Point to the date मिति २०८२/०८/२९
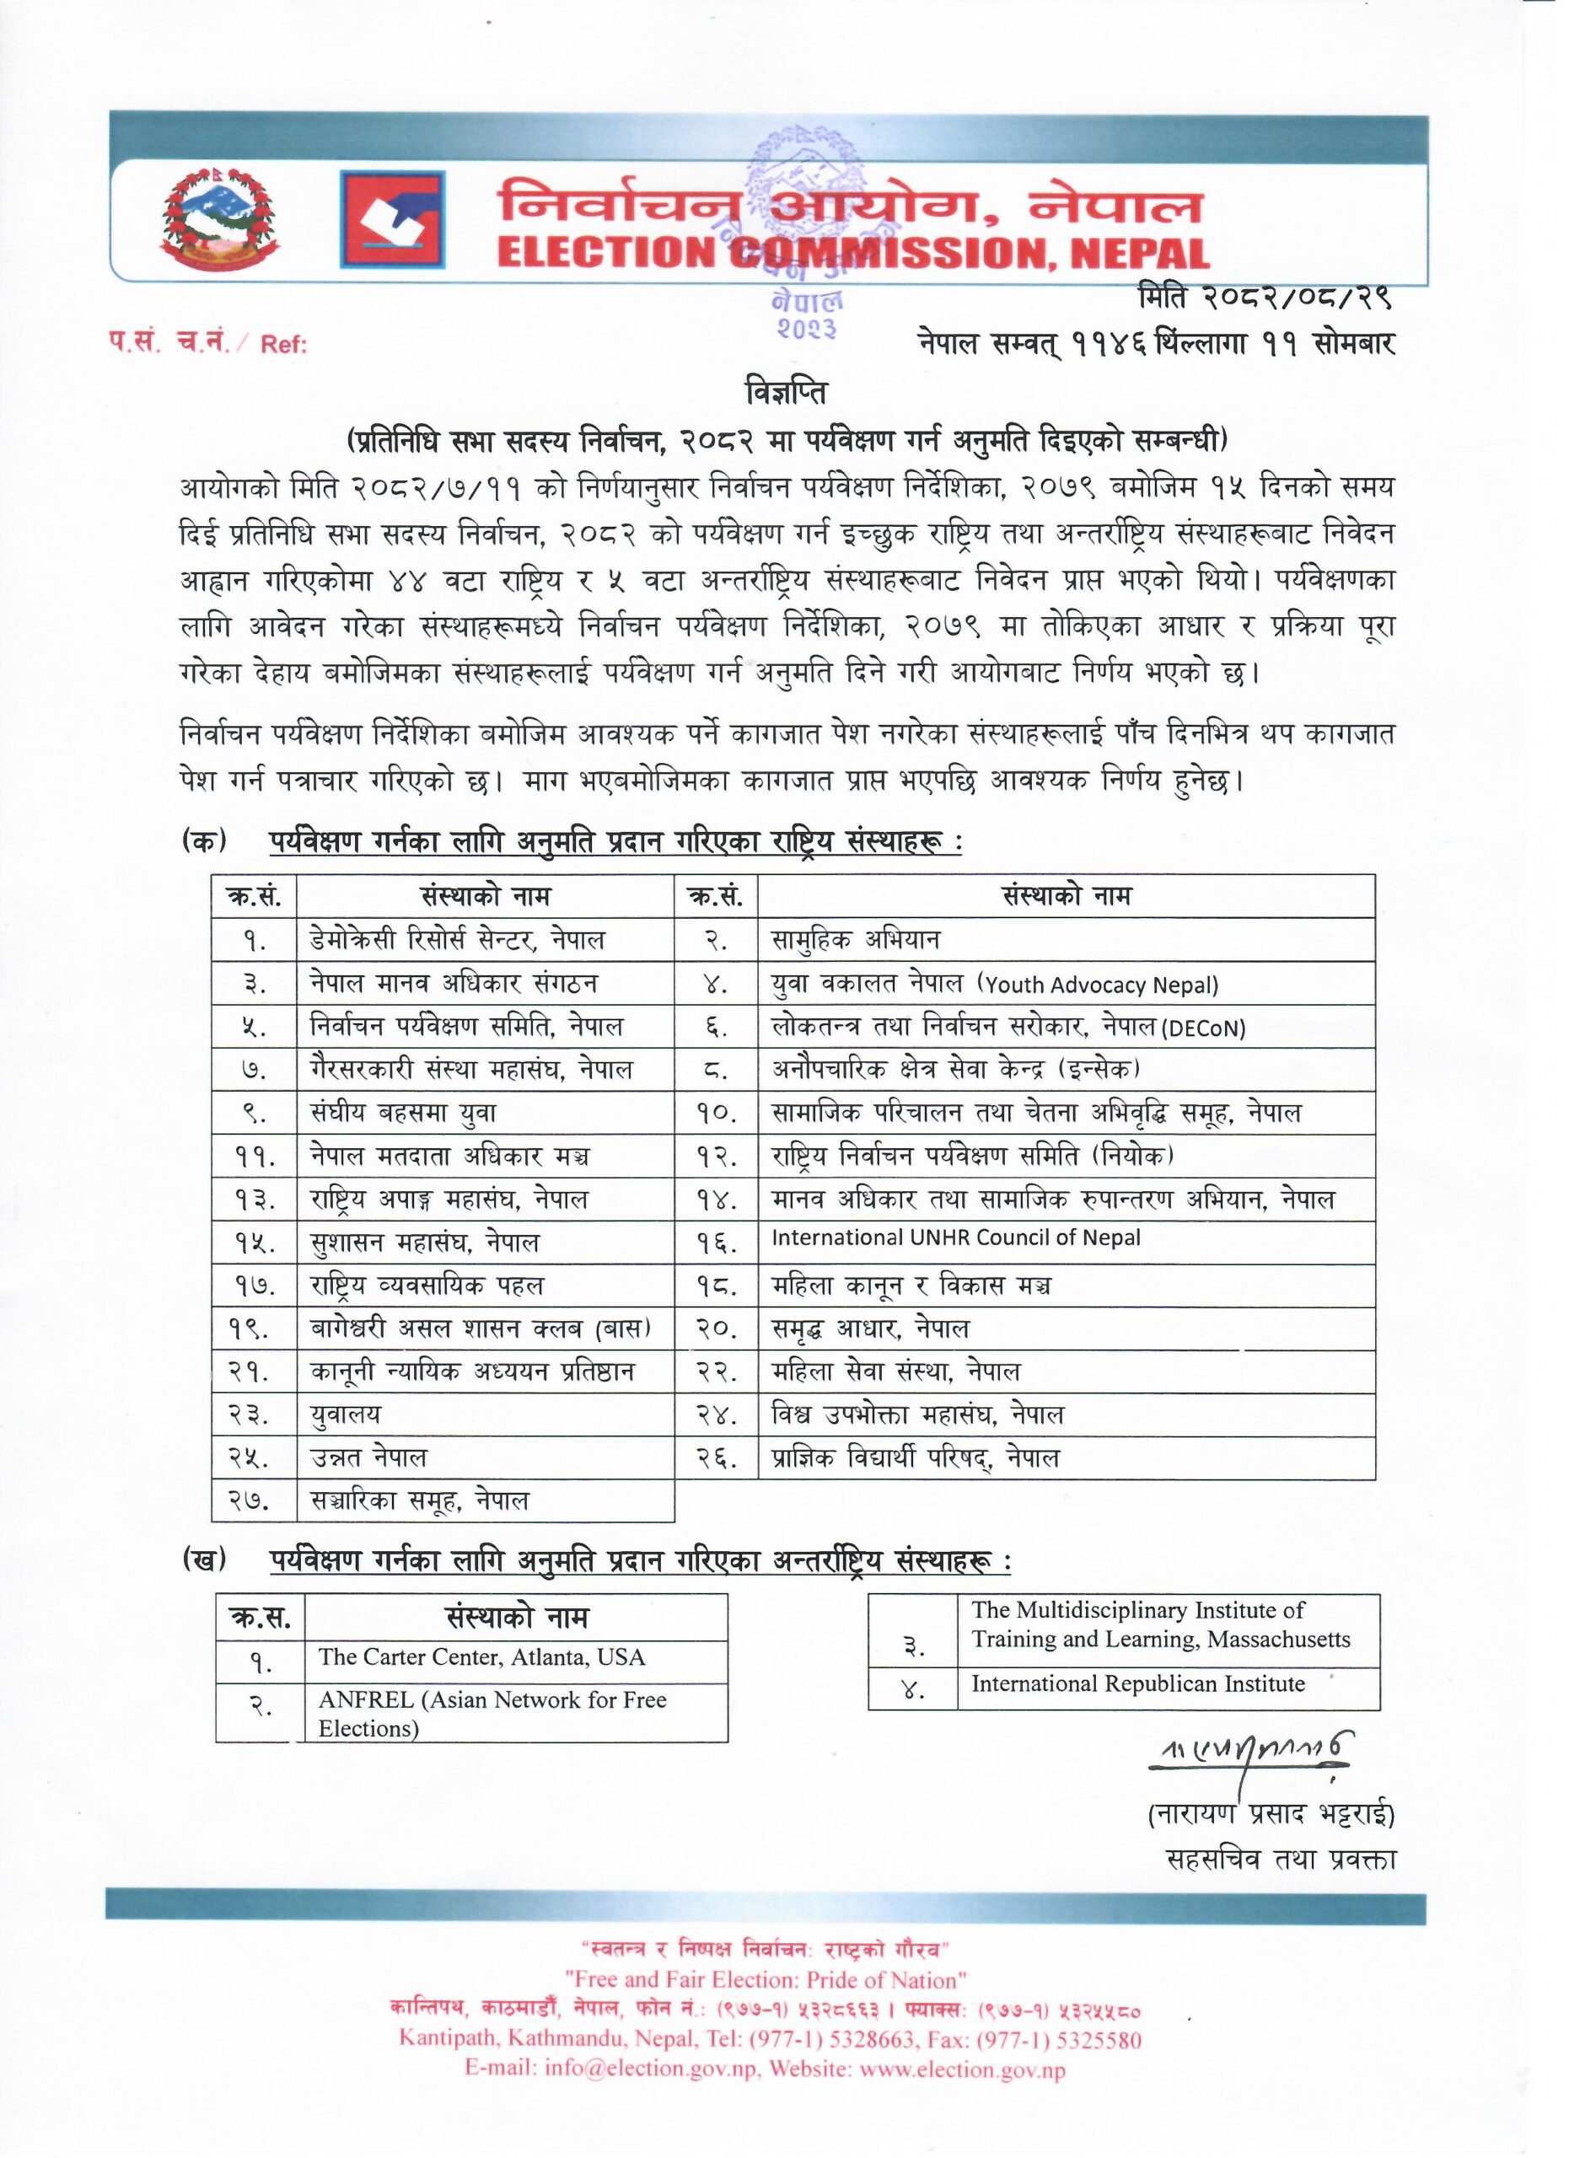(x=1266, y=298)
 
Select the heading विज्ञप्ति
(x=785, y=393)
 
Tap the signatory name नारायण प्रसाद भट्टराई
(x=1271, y=1816)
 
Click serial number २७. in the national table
(x=253, y=1502)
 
